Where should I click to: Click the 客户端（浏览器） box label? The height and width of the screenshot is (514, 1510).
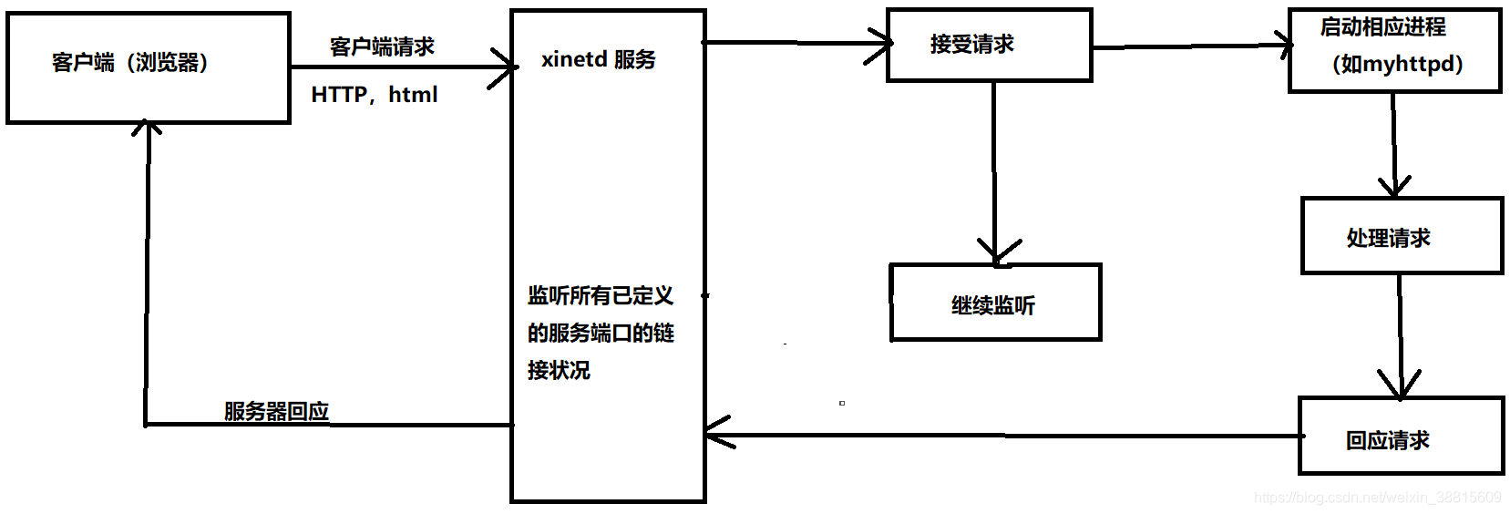[129, 63]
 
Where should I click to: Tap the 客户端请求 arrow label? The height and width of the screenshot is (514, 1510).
[382, 46]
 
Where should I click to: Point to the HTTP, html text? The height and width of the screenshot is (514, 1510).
[374, 95]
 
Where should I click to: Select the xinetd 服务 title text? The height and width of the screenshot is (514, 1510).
[598, 60]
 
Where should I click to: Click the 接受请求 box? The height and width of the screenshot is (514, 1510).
[989, 45]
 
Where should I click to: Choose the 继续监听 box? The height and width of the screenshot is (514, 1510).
[994, 303]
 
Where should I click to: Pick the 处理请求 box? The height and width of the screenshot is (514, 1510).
[1401, 236]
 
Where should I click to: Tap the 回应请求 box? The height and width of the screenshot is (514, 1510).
[1400, 437]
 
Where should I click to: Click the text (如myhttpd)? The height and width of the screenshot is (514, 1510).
[1397, 64]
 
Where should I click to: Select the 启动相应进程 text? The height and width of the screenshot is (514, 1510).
[1382, 27]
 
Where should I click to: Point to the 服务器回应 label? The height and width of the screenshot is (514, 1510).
[276, 411]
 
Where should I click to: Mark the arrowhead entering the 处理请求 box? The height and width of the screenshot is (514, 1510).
[1394, 189]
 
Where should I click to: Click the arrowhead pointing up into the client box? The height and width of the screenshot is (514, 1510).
[147, 128]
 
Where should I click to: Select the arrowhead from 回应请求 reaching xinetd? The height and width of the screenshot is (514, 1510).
[714, 432]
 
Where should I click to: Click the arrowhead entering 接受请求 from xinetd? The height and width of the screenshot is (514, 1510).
[883, 44]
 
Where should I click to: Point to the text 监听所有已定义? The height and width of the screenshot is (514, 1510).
[600, 296]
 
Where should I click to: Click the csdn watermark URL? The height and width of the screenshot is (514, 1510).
[1377, 498]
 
